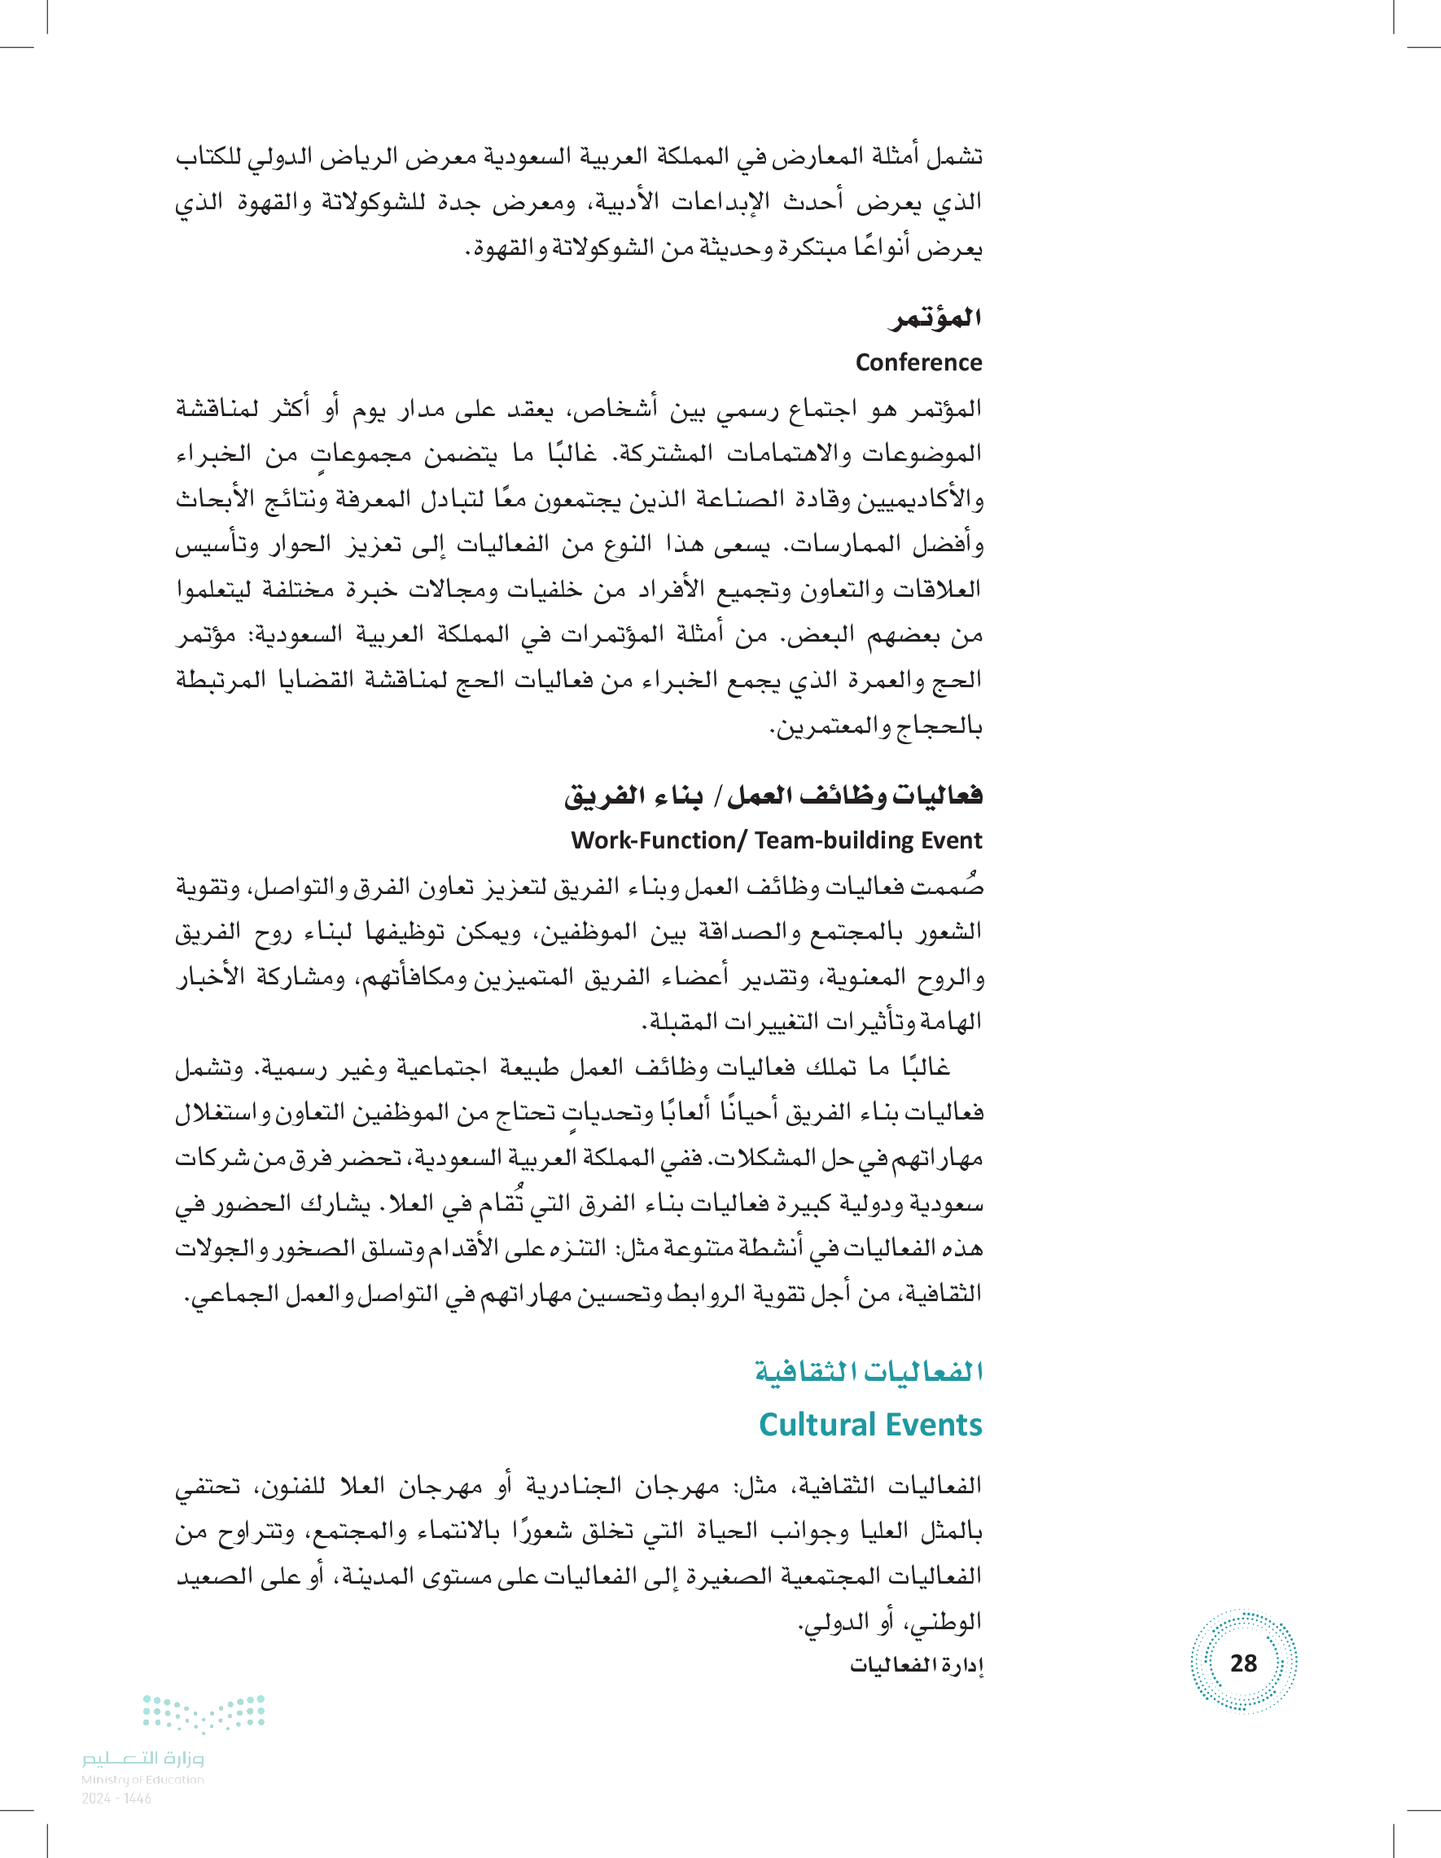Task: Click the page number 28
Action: pos(1243,1663)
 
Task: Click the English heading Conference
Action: pos(918,362)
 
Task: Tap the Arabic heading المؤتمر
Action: pos(935,318)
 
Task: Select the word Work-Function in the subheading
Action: pos(652,839)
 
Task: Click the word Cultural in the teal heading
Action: pos(818,1424)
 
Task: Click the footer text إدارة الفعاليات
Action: pos(916,1665)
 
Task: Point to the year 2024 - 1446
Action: pos(116,1798)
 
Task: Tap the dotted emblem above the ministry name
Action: pos(204,1711)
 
